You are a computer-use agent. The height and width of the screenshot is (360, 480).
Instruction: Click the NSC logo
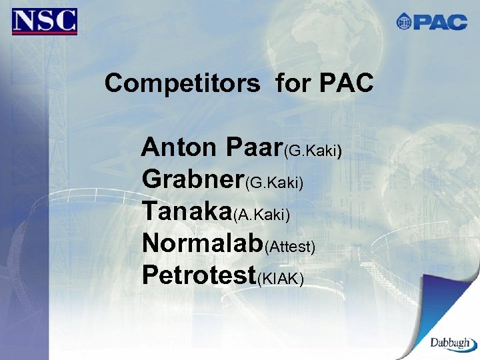45,21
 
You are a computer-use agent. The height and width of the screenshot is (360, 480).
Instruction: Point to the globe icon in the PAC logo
404,22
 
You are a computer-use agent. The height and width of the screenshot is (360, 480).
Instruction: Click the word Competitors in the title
182,84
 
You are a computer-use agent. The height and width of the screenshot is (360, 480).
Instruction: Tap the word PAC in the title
346,84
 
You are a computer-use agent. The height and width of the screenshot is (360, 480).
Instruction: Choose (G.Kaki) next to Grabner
275,183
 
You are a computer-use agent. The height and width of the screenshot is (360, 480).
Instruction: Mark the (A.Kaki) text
261,215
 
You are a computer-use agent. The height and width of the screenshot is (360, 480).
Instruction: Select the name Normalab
203,243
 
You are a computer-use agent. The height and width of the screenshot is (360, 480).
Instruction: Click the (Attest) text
290,247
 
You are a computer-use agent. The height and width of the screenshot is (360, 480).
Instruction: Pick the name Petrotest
199,275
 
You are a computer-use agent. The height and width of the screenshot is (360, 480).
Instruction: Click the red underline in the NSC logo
45,33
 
